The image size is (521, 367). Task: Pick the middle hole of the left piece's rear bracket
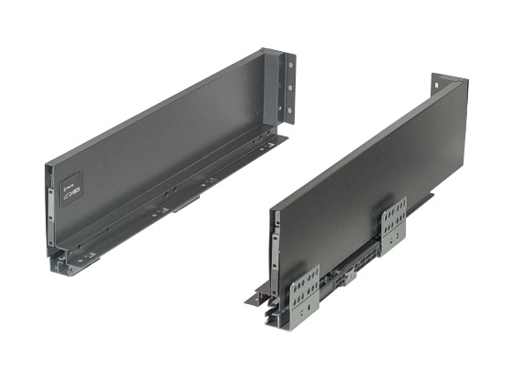pyautogui.click(x=291, y=87)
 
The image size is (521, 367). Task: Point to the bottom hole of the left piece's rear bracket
pyautogui.click(x=291, y=107)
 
